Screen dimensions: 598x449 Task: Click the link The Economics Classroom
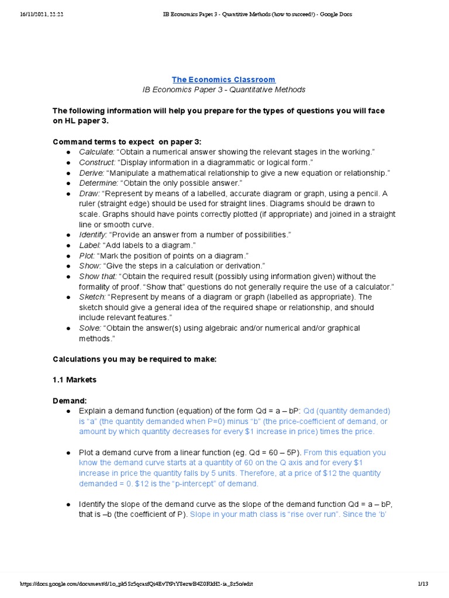(x=223, y=79)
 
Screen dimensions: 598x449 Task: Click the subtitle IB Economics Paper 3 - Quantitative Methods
(x=224, y=90)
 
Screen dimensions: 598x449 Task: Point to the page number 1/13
(x=423, y=583)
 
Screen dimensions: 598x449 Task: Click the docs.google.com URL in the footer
(x=137, y=583)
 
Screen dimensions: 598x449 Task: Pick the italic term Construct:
(x=97, y=162)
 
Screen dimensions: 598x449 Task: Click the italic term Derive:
(x=92, y=173)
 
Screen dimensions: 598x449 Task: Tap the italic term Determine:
(x=98, y=183)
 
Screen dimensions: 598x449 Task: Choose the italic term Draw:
(x=89, y=194)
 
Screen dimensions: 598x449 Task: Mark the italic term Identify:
(x=93, y=235)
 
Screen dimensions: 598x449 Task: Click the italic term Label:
(x=90, y=245)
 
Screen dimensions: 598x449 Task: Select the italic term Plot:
(x=87, y=256)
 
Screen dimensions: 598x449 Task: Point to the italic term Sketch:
(x=92, y=297)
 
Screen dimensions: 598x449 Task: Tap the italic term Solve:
(x=90, y=328)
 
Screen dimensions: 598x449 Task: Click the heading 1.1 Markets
(x=74, y=380)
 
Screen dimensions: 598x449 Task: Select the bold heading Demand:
(x=70, y=401)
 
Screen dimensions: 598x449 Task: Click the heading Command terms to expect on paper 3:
(x=127, y=142)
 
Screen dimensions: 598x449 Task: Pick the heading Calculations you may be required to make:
(x=134, y=359)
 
